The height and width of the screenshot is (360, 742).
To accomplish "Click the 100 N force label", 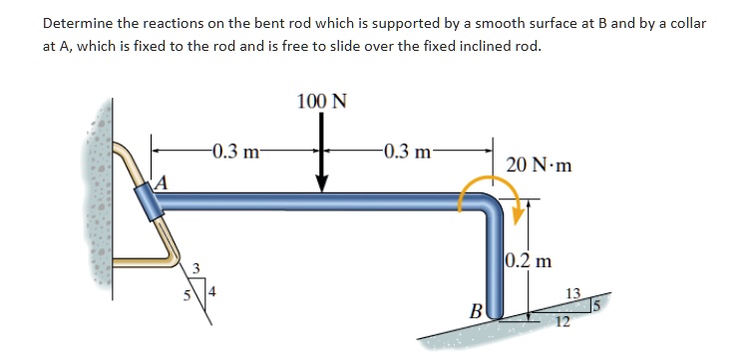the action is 321,102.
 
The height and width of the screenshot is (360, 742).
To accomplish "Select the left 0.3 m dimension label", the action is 235,152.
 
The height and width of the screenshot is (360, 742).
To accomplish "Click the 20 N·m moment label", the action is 540,164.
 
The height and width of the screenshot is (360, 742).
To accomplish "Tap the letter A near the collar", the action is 160,181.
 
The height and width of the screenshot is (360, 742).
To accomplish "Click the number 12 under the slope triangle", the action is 563,322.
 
